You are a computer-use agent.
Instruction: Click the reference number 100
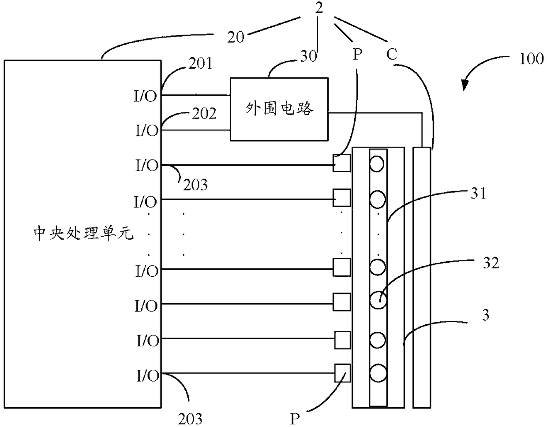532,59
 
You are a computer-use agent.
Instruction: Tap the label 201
200,63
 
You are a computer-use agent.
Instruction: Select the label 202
204,113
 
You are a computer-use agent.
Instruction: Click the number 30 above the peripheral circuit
308,56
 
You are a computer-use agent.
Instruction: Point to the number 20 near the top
236,37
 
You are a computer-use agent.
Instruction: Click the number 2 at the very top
318,8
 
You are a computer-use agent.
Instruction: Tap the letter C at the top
392,54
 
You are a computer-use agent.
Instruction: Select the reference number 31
478,193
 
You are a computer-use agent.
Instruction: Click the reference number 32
491,263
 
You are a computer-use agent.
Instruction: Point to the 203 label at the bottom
190,419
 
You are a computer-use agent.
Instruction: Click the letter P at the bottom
295,419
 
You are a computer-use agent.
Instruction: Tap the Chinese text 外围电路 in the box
279,109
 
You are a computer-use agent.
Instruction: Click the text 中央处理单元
83,234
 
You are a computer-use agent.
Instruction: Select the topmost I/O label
145,96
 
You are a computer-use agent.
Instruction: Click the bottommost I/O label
148,376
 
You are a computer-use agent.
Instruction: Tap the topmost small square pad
341,163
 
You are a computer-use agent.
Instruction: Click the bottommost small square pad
342,373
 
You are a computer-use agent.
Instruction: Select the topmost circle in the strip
377,164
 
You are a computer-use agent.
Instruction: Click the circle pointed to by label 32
378,300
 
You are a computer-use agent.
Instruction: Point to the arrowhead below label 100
464,85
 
